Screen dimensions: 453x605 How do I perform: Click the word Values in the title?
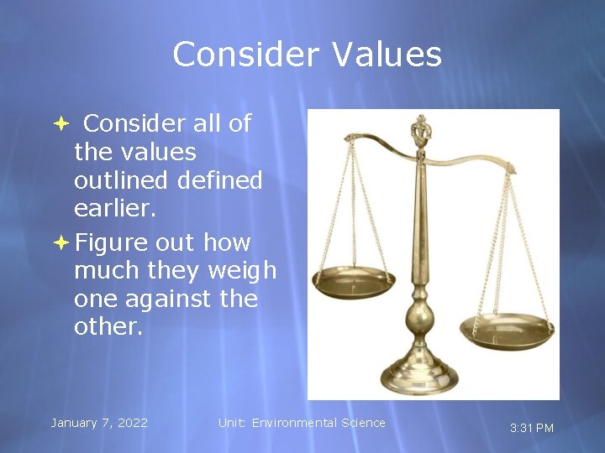387,55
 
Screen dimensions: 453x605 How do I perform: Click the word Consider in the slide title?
245,55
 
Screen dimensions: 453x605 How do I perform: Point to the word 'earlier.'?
115,209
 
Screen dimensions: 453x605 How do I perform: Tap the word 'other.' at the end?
108,327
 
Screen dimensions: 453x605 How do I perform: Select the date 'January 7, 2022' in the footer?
99,423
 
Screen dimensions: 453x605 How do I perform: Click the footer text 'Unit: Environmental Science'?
302,423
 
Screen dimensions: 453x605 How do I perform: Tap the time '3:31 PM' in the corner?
532,428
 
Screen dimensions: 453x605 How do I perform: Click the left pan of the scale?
354,283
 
